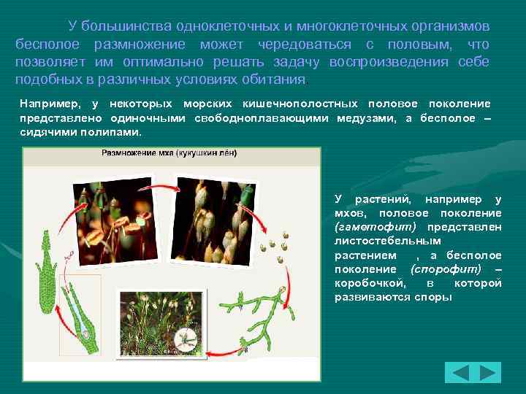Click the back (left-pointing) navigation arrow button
(x=460, y=373)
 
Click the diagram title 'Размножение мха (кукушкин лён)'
(x=169, y=154)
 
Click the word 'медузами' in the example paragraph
(x=367, y=118)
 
